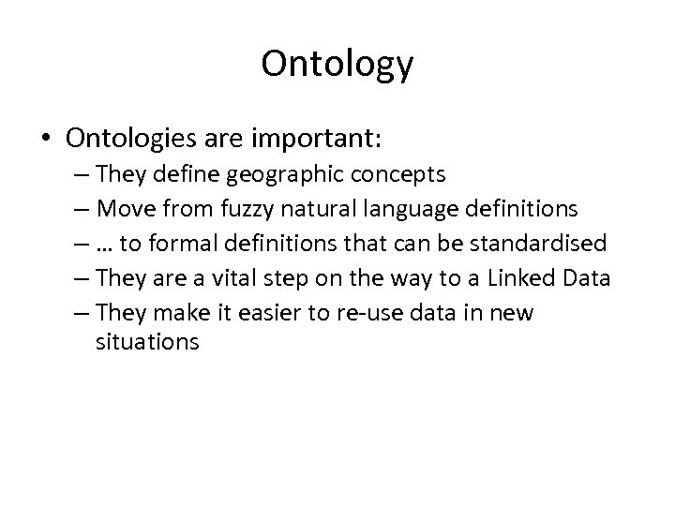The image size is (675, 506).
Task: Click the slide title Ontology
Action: click(x=337, y=65)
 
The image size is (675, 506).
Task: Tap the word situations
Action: click(x=147, y=342)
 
